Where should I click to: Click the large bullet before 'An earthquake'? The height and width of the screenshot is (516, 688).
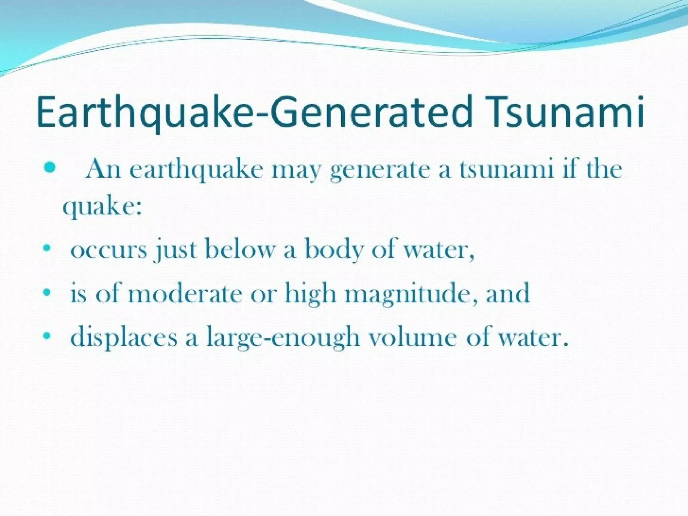pyautogui.click(x=49, y=168)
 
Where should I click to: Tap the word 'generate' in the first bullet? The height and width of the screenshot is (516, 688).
pyautogui.click(x=380, y=170)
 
